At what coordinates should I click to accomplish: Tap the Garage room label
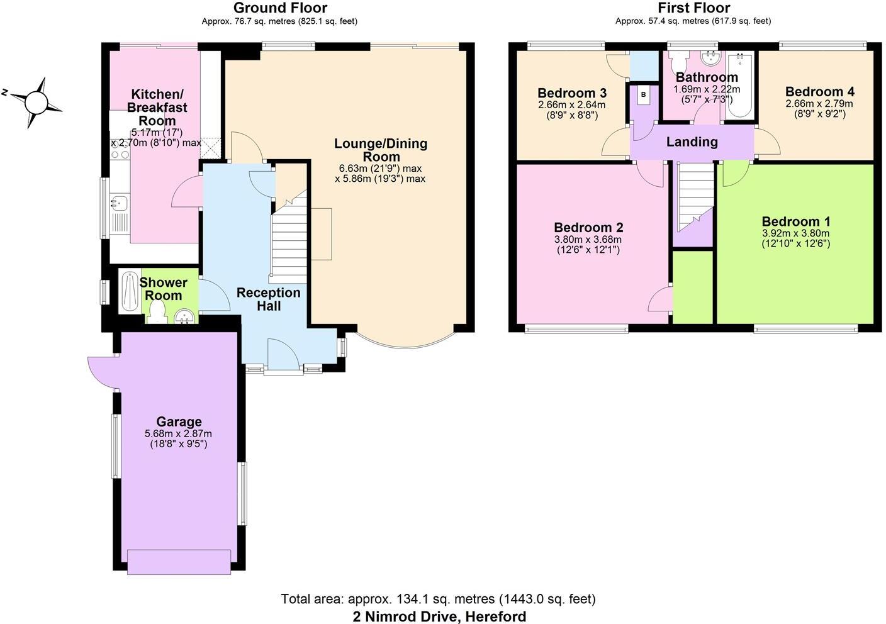click(179, 422)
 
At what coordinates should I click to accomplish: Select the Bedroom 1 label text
click(795, 221)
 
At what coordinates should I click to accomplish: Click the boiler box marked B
click(643, 95)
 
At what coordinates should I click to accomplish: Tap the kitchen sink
click(119, 203)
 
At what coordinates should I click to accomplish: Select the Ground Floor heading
click(279, 8)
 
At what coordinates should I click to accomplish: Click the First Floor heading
click(693, 8)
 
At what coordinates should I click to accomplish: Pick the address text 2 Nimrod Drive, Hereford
click(439, 616)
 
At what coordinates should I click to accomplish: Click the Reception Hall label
click(268, 299)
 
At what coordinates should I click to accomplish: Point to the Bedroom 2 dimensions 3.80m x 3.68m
click(588, 240)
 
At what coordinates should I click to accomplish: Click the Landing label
click(692, 142)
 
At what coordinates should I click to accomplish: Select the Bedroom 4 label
click(819, 92)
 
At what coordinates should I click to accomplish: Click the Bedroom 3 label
click(571, 93)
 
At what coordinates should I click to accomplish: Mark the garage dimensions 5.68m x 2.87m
click(178, 434)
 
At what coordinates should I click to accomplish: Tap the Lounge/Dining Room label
click(380, 150)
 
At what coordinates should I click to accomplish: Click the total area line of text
click(438, 599)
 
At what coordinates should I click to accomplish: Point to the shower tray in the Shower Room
click(128, 292)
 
